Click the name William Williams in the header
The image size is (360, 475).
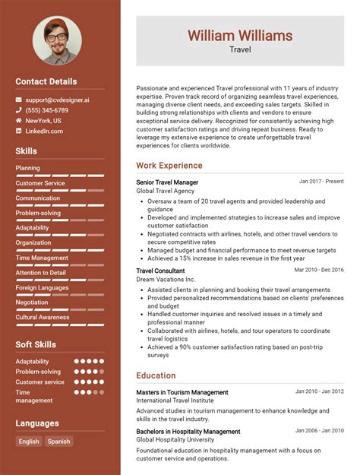click(240, 35)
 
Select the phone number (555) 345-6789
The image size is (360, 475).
click(46, 110)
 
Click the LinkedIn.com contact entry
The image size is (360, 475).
click(44, 131)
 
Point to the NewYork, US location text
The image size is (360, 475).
click(43, 120)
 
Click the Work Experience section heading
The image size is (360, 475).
click(169, 165)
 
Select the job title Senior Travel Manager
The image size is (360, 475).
click(167, 182)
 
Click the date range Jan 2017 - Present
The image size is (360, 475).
click(321, 182)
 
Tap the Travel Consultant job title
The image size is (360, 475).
click(160, 270)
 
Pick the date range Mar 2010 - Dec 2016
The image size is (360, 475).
click(319, 270)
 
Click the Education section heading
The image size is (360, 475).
click(156, 375)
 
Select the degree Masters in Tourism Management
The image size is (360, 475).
click(182, 392)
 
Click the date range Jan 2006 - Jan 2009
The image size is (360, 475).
click(320, 429)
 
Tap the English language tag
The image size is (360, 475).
click(29, 442)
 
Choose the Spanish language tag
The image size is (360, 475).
click(58, 442)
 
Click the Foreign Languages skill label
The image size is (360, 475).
click(42, 287)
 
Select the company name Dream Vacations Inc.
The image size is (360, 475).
click(166, 279)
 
